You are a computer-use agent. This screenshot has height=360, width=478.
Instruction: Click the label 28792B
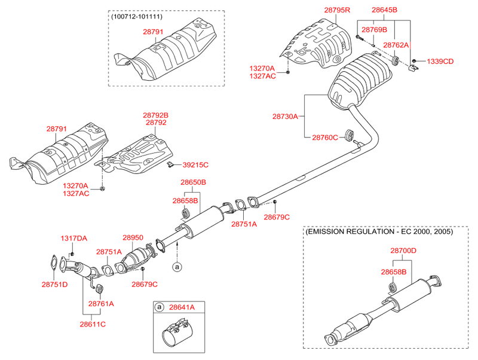tap(155, 115)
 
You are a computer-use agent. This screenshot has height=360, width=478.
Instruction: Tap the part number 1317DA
tap(73, 239)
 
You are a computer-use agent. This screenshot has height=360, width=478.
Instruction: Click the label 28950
tap(133, 237)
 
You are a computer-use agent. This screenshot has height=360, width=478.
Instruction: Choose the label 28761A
tap(101, 304)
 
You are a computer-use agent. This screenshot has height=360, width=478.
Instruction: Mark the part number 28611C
tap(93, 324)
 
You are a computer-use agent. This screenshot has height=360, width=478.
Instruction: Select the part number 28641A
tap(181, 307)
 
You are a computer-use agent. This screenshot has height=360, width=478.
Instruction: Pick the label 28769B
tap(375, 29)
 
